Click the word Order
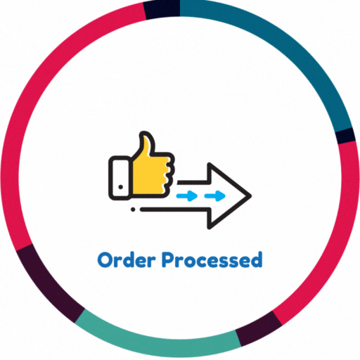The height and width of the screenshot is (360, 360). click(127, 259)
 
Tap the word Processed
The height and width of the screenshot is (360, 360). click(212, 259)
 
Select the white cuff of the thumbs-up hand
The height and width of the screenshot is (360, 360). click(120, 178)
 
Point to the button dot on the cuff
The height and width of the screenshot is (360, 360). click(121, 187)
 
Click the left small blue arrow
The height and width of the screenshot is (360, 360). click(187, 195)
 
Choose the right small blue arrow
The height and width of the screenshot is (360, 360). click(215, 195)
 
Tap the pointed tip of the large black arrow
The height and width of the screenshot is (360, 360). click(251, 195)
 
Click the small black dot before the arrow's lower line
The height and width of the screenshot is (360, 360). click(133, 210)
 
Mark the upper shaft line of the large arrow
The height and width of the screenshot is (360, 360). click(193, 182)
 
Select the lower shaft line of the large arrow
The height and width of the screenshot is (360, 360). click(174, 210)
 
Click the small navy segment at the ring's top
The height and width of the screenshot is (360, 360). click(162, 9)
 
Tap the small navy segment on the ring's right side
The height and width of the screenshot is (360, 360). click(346, 136)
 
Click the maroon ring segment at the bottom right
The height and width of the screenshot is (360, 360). click(259, 328)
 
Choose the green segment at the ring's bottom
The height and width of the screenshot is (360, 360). click(157, 341)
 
